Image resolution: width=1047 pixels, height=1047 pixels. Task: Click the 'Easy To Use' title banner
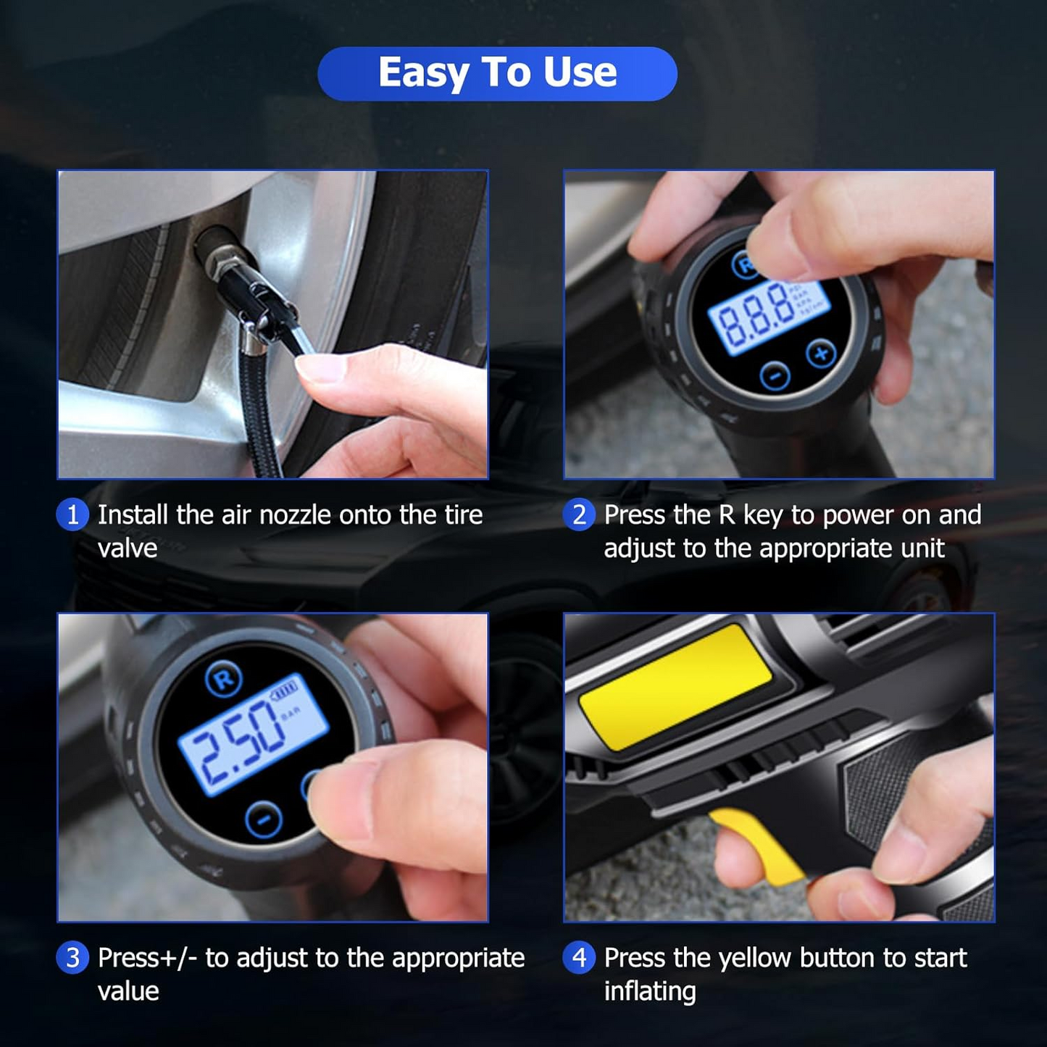pos(497,73)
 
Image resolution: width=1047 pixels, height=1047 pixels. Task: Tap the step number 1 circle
pos(72,515)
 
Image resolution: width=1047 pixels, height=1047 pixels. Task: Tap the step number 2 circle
pos(579,515)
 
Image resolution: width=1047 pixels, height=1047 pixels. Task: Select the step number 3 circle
pos(72,958)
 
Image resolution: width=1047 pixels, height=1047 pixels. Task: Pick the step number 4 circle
pos(579,958)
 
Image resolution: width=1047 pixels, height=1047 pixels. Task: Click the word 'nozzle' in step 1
pos(295,515)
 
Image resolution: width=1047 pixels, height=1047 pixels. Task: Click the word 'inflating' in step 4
pos(650,991)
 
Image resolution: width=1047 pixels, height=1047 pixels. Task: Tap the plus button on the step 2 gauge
pos(821,354)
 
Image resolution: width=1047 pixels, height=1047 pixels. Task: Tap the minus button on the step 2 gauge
pos(775,376)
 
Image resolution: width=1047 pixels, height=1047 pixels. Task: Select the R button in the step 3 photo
pos(224,679)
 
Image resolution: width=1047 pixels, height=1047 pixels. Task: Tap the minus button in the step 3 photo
pos(264,819)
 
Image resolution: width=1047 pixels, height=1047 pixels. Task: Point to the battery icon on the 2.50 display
pos(285,689)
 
